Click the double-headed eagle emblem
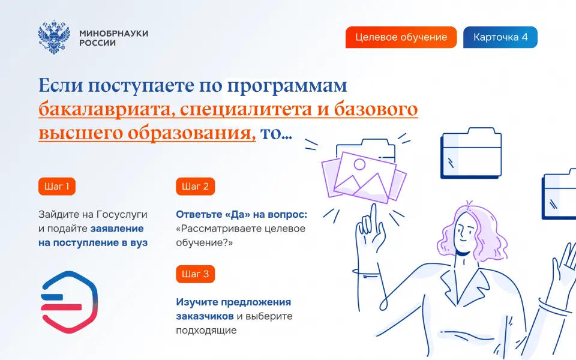click(54, 37)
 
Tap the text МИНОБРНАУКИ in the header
click(114, 33)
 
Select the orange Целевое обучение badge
click(401, 37)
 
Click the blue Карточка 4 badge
click(500, 37)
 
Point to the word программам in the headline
click(287, 86)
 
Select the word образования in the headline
click(191, 133)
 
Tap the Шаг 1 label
click(57, 186)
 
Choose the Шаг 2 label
click(196, 186)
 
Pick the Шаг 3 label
click(196, 274)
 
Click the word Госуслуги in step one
click(122, 215)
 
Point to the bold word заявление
click(117, 229)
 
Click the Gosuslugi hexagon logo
click(69, 302)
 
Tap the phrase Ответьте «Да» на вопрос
click(242, 215)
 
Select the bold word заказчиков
click(205, 316)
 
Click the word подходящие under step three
click(206, 331)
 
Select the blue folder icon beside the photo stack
click(471, 153)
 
